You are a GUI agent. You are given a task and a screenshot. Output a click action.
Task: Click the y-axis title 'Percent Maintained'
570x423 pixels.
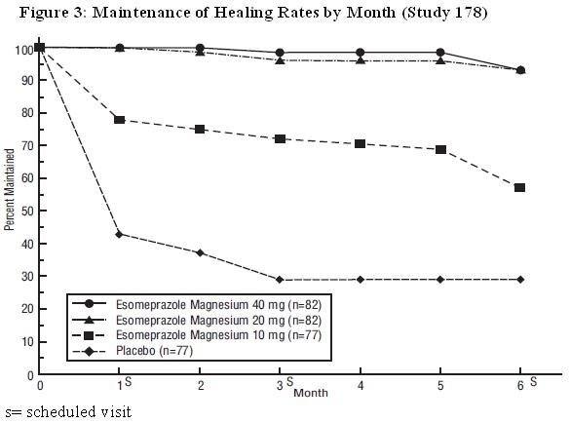pyautogui.click(x=10, y=189)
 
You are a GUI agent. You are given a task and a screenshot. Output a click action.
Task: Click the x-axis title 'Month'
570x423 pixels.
pyautogui.click(x=311, y=393)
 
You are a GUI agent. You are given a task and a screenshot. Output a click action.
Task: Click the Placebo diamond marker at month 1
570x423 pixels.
pyautogui.click(x=120, y=234)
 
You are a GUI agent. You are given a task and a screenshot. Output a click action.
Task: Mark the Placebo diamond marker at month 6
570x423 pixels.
pyautogui.click(x=520, y=280)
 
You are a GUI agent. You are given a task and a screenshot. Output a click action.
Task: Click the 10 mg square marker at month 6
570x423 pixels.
pyautogui.click(x=520, y=187)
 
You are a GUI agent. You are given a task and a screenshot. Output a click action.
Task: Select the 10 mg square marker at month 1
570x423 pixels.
pyautogui.click(x=120, y=119)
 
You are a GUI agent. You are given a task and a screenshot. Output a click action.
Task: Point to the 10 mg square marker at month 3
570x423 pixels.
pyautogui.click(x=280, y=139)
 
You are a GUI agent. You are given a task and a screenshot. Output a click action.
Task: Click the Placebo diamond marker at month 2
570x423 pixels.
pyautogui.click(x=200, y=252)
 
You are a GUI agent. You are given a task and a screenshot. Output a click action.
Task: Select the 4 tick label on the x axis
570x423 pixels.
pyautogui.click(x=361, y=386)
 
